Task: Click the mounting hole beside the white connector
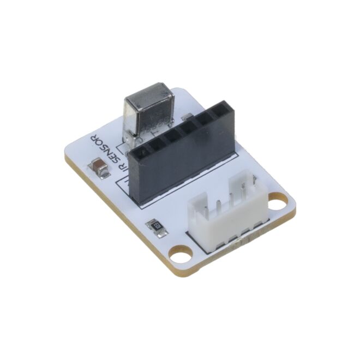click(278, 203)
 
